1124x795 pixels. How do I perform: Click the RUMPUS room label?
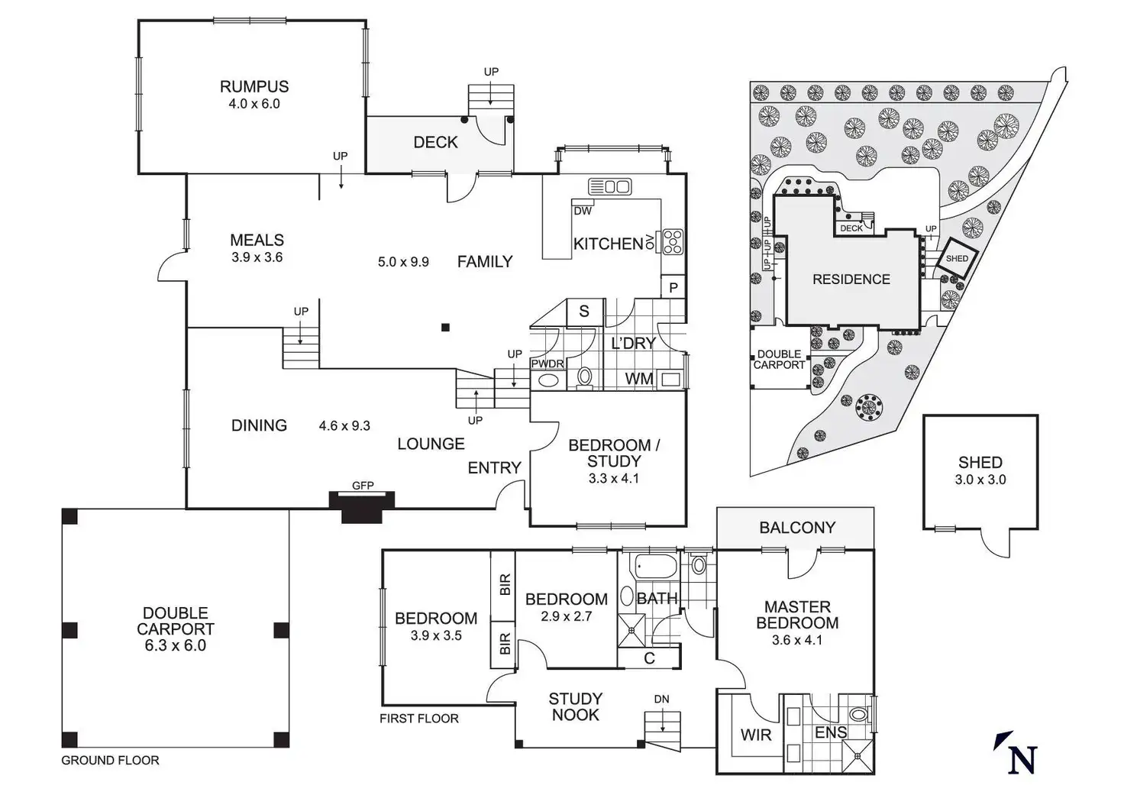254,87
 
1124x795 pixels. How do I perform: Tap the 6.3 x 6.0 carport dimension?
175,645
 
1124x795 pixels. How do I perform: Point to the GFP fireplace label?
363,486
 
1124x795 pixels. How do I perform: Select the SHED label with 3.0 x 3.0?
980,463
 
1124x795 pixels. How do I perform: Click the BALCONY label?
796,528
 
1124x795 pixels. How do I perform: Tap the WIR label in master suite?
756,735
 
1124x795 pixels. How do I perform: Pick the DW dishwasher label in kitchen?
583,211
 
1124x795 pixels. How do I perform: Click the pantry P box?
673,288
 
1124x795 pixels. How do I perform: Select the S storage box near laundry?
584,311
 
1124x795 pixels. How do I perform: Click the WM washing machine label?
639,379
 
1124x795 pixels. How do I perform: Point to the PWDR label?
547,364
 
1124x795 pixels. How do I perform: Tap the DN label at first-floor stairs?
661,700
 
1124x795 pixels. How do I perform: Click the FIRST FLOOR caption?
419,719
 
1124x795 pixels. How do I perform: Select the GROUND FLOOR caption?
110,761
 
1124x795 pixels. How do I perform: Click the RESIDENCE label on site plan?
851,280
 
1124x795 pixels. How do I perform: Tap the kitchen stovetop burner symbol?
673,241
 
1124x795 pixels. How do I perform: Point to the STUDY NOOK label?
576,706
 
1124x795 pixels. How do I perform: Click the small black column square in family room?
446,328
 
